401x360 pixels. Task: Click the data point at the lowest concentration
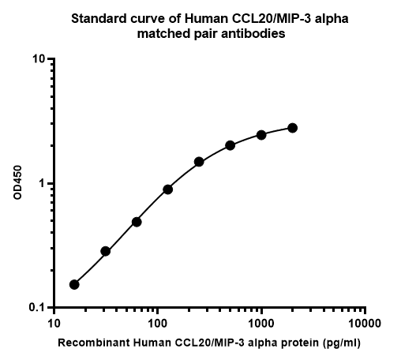pyautogui.click(x=74, y=284)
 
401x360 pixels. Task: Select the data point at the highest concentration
pyautogui.click(x=292, y=128)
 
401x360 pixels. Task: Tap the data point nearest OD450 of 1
pyautogui.click(x=168, y=189)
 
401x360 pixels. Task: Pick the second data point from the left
pyautogui.click(x=105, y=251)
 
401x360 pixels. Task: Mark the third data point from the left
pyautogui.click(x=137, y=222)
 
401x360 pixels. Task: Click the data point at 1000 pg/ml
pyautogui.click(x=261, y=135)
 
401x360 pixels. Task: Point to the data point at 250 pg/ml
pyautogui.click(x=199, y=162)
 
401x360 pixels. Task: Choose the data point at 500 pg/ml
pyautogui.click(x=230, y=145)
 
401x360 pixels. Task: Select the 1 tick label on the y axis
pyautogui.click(x=43, y=183)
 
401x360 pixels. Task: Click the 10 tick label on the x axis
pyautogui.click(x=54, y=324)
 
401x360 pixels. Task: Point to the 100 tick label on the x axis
pyautogui.click(x=157, y=324)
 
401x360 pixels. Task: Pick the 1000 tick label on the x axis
pyautogui.click(x=261, y=324)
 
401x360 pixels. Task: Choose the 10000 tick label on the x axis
pyautogui.click(x=365, y=324)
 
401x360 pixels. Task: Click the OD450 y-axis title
pyautogui.click(x=18, y=183)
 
